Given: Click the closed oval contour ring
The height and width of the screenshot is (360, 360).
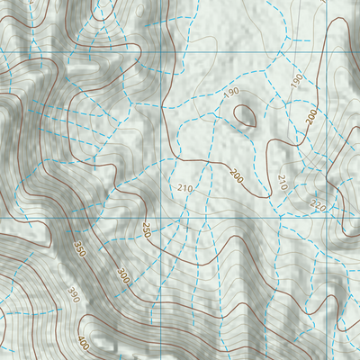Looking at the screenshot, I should [x=244, y=114].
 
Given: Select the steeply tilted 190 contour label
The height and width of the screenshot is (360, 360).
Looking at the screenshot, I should [x=296, y=81].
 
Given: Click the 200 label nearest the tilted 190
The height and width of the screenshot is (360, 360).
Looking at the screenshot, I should [x=311, y=118].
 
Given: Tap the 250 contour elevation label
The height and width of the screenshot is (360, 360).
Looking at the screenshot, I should [x=145, y=231].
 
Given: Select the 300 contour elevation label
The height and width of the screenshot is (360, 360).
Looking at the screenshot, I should [x=122, y=275].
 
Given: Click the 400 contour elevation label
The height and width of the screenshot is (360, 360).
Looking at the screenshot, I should [x=84, y=343].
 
